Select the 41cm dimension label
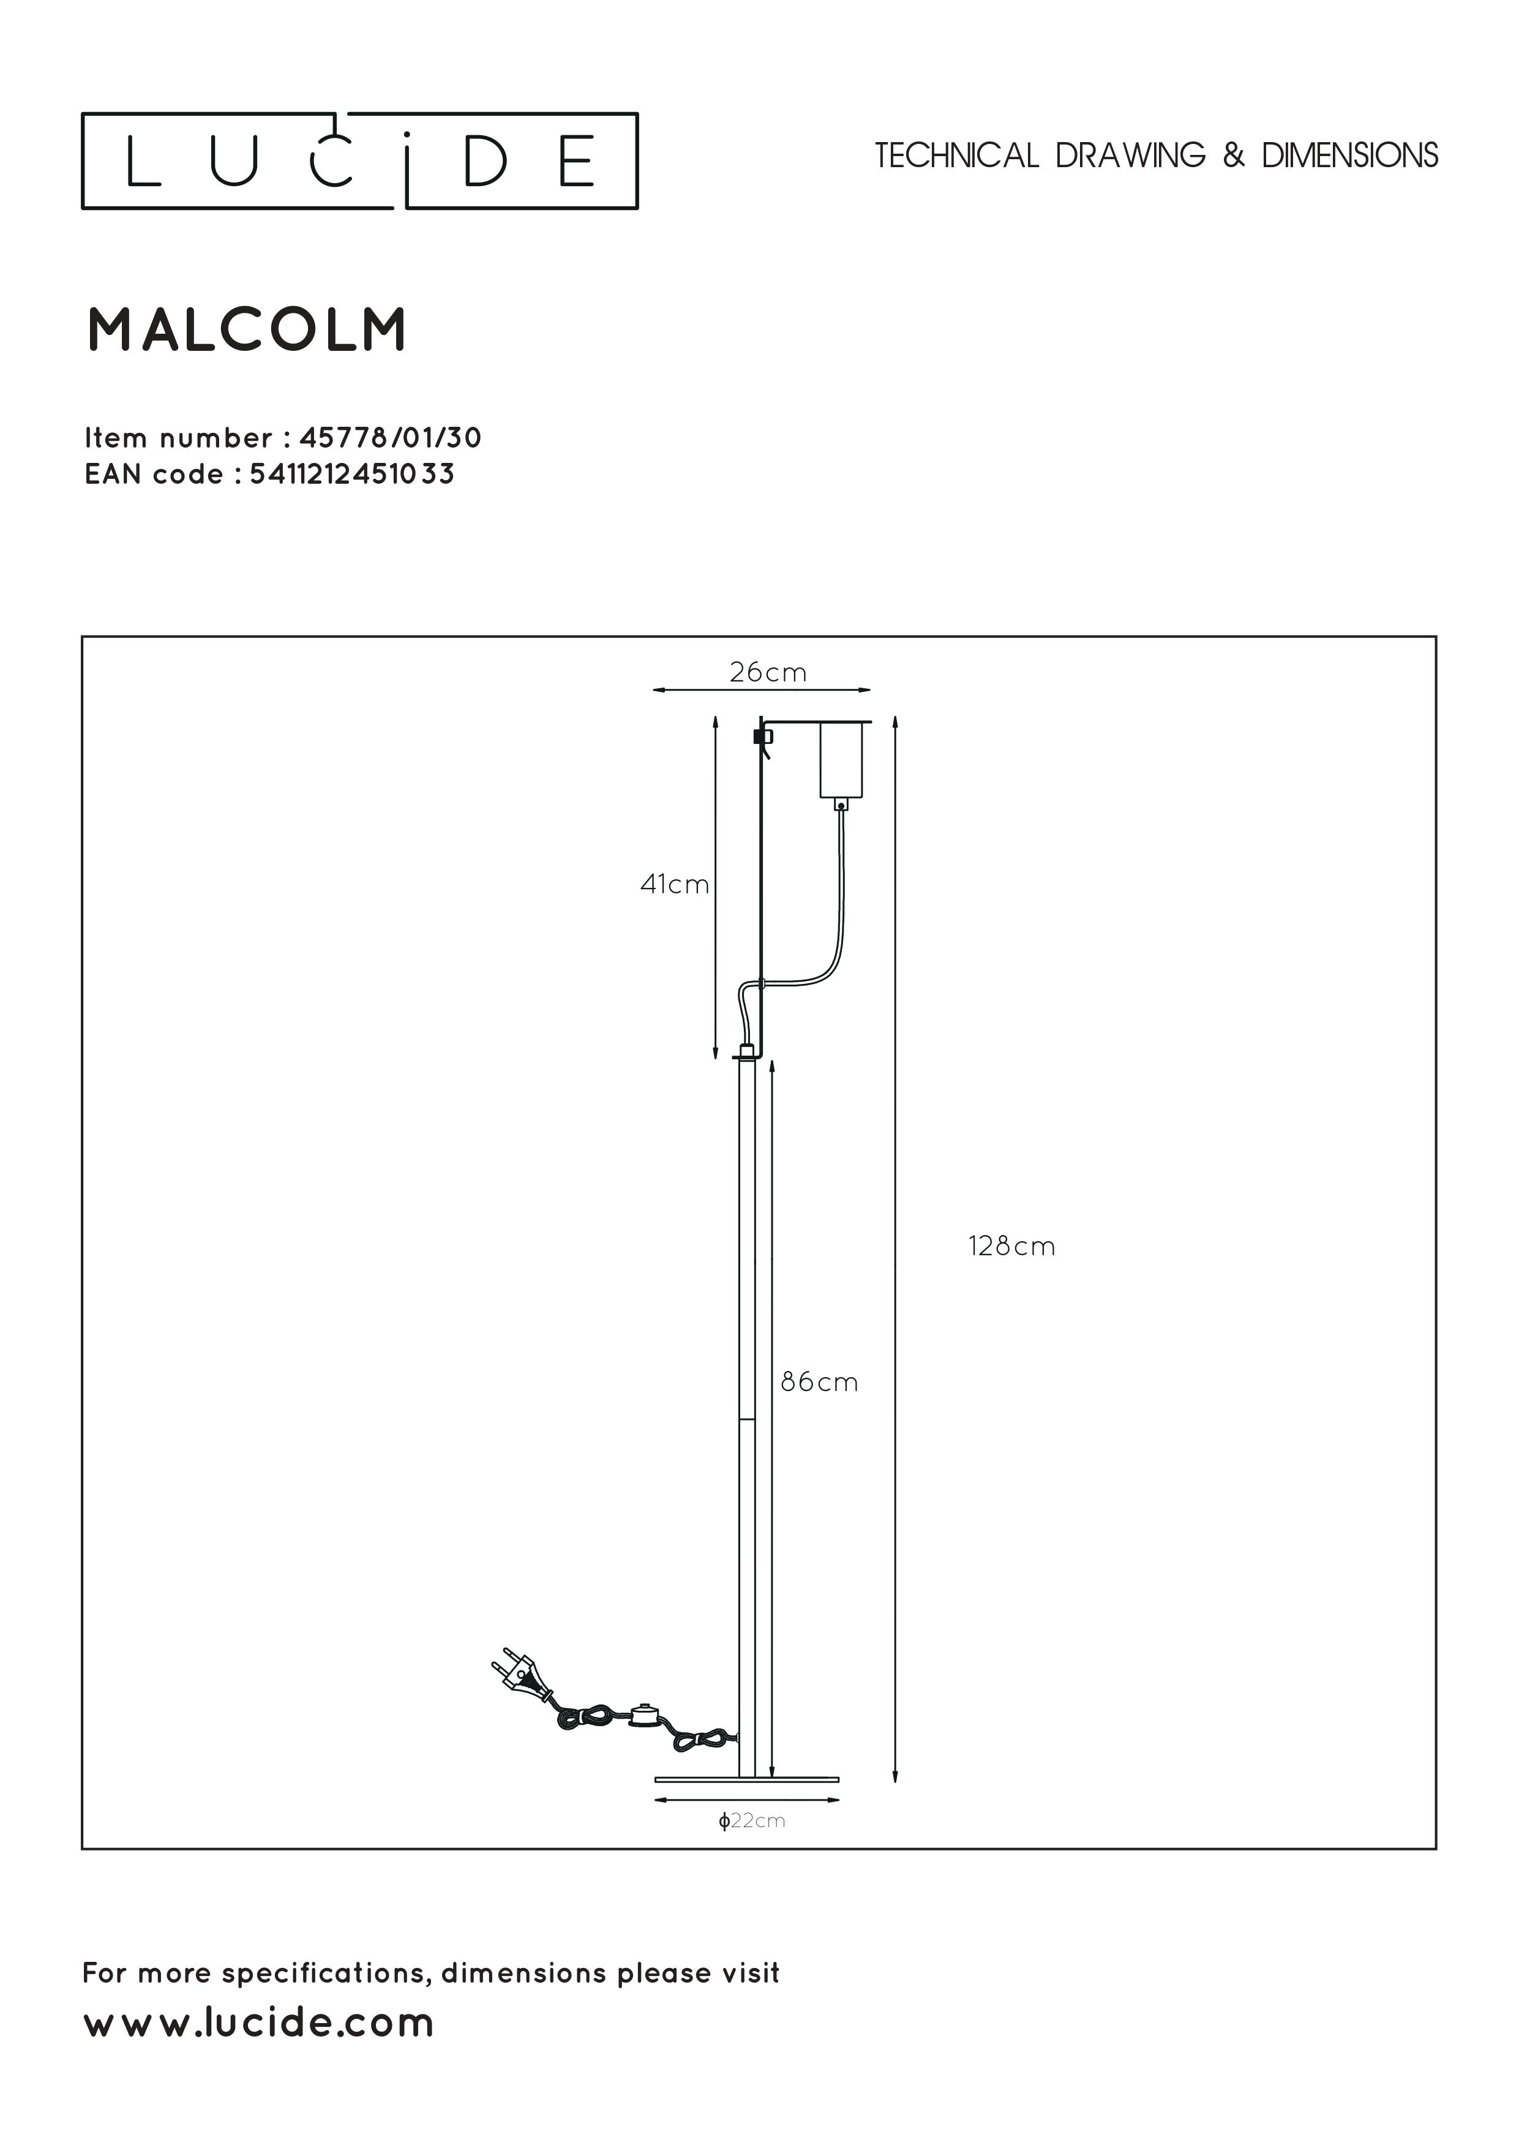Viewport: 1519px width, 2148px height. (674, 884)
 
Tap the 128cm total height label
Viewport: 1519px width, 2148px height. (1011, 1246)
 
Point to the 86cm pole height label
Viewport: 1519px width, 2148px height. (819, 1382)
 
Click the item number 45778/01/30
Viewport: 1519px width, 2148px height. (390, 438)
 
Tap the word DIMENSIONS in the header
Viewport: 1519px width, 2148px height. (1349, 156)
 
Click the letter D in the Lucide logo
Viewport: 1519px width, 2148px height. (486, 161)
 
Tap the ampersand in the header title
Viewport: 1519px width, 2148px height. (1234, 156)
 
